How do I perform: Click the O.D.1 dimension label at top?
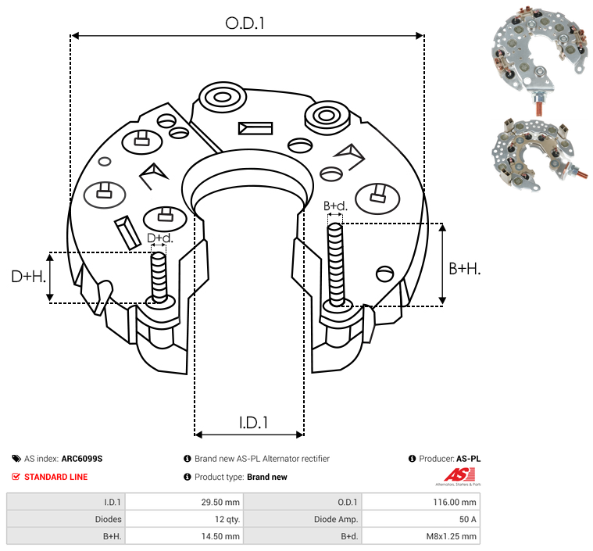pos(245,23)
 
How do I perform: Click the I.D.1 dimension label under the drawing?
pos(253,423)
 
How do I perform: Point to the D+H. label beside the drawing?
pos(29,276)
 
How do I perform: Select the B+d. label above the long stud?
pos(335,206)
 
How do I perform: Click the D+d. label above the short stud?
pos(159,238)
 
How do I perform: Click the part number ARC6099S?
pos(81,459)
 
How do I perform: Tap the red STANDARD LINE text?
pos(55,477)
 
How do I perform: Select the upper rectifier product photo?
pos(538,55)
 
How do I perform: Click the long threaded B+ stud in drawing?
pos(336,264)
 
